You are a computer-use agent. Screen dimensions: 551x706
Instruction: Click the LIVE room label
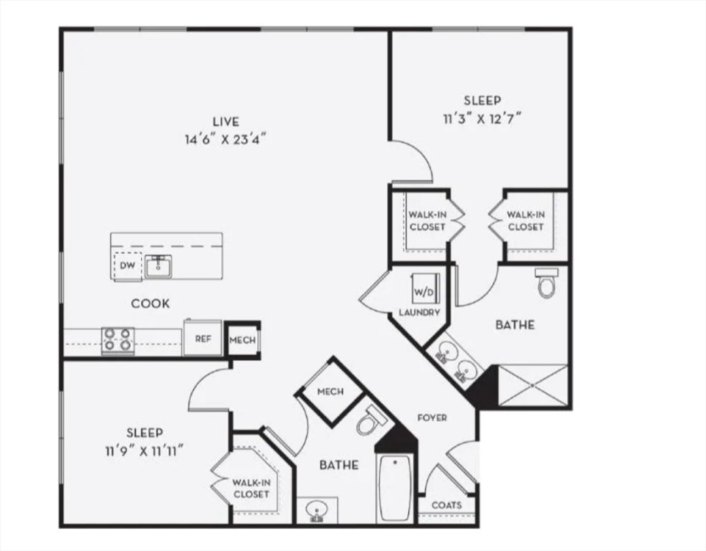(225, 122)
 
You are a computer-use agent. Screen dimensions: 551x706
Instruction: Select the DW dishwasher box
(127, 265)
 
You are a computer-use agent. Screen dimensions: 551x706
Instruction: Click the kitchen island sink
(158, 267)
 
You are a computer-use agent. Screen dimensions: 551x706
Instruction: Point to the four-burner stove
(118, 340)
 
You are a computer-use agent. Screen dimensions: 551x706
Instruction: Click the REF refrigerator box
(203, 339)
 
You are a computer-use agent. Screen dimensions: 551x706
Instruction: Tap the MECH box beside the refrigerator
(242, 339)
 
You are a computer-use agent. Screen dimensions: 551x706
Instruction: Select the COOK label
(151, 304)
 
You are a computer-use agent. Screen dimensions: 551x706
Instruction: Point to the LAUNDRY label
(419, 313)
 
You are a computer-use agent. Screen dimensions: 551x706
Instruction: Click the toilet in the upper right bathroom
(546, 284)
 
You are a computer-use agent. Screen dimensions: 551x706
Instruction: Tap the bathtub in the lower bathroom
(395, 488)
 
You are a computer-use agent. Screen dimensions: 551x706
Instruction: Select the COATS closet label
(447, 505)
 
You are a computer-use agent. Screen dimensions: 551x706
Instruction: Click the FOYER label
(432, 418)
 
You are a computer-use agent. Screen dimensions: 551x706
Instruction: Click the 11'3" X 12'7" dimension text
(482, 118)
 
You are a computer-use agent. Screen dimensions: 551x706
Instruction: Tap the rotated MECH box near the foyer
(330, 392)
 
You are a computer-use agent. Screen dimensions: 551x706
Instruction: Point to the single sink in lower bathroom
(315, 511)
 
